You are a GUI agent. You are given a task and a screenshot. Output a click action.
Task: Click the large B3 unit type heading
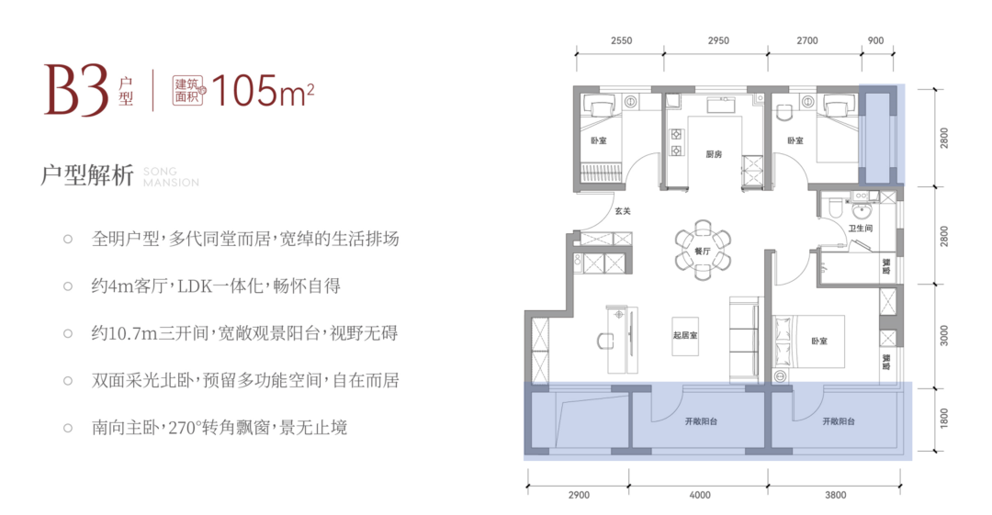76,91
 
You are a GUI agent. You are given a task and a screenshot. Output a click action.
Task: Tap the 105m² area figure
263,91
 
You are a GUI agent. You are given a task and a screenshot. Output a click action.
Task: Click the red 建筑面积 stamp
188,91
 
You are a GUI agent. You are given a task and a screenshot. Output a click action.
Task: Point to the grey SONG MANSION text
171,177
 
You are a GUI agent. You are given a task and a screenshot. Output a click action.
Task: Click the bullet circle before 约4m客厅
68,286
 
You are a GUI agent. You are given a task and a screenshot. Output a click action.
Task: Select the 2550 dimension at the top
621,40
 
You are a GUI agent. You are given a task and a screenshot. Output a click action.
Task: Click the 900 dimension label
875,40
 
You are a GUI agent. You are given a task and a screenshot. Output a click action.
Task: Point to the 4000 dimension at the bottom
700,495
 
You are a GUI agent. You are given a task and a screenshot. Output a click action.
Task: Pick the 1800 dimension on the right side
944,419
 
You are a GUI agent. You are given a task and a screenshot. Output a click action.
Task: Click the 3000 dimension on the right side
944,335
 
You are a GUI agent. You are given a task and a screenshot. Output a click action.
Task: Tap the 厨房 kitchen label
714,153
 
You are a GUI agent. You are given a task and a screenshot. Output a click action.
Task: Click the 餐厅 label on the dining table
703,252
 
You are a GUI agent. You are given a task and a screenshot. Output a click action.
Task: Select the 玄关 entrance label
623,211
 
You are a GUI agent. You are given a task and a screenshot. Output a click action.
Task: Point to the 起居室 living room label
685,335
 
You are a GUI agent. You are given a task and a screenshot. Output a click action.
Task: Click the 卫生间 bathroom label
861,228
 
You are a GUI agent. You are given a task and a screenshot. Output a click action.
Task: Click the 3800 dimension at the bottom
835,495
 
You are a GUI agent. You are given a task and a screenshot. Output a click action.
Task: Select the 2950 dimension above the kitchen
718,40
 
